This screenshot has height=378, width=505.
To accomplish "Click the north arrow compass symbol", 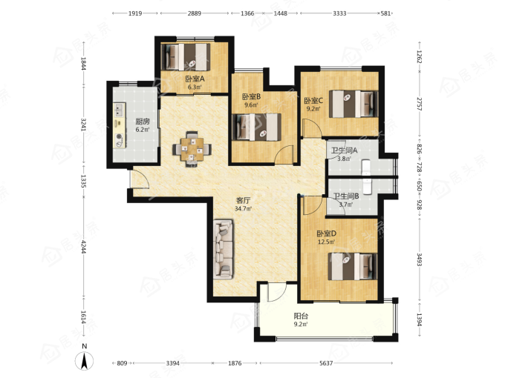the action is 85,361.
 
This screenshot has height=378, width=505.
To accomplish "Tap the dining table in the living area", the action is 192,149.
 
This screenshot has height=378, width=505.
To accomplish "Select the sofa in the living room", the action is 223,249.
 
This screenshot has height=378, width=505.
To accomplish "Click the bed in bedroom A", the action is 186,57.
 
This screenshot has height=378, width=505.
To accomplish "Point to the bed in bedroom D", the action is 353,267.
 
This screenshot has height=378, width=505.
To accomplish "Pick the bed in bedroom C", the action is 353,104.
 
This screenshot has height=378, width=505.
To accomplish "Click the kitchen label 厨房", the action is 143,122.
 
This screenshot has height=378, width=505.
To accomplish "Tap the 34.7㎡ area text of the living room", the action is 243,208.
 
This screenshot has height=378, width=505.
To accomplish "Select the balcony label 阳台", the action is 301,316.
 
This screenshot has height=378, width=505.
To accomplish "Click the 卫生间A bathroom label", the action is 345,150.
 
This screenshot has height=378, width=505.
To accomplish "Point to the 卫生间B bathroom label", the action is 346,196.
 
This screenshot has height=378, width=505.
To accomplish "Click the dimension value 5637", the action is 326,363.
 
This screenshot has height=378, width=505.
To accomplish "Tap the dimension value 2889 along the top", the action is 195,13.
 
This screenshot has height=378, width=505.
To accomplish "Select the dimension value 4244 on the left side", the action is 83,247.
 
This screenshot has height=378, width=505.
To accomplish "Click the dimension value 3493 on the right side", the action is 420,259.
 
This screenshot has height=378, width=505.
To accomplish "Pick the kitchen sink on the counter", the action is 119,110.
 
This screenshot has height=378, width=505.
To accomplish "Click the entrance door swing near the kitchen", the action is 140,178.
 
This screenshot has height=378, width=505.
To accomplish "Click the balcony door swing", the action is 276,292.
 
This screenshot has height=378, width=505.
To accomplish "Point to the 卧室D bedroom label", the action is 326,233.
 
